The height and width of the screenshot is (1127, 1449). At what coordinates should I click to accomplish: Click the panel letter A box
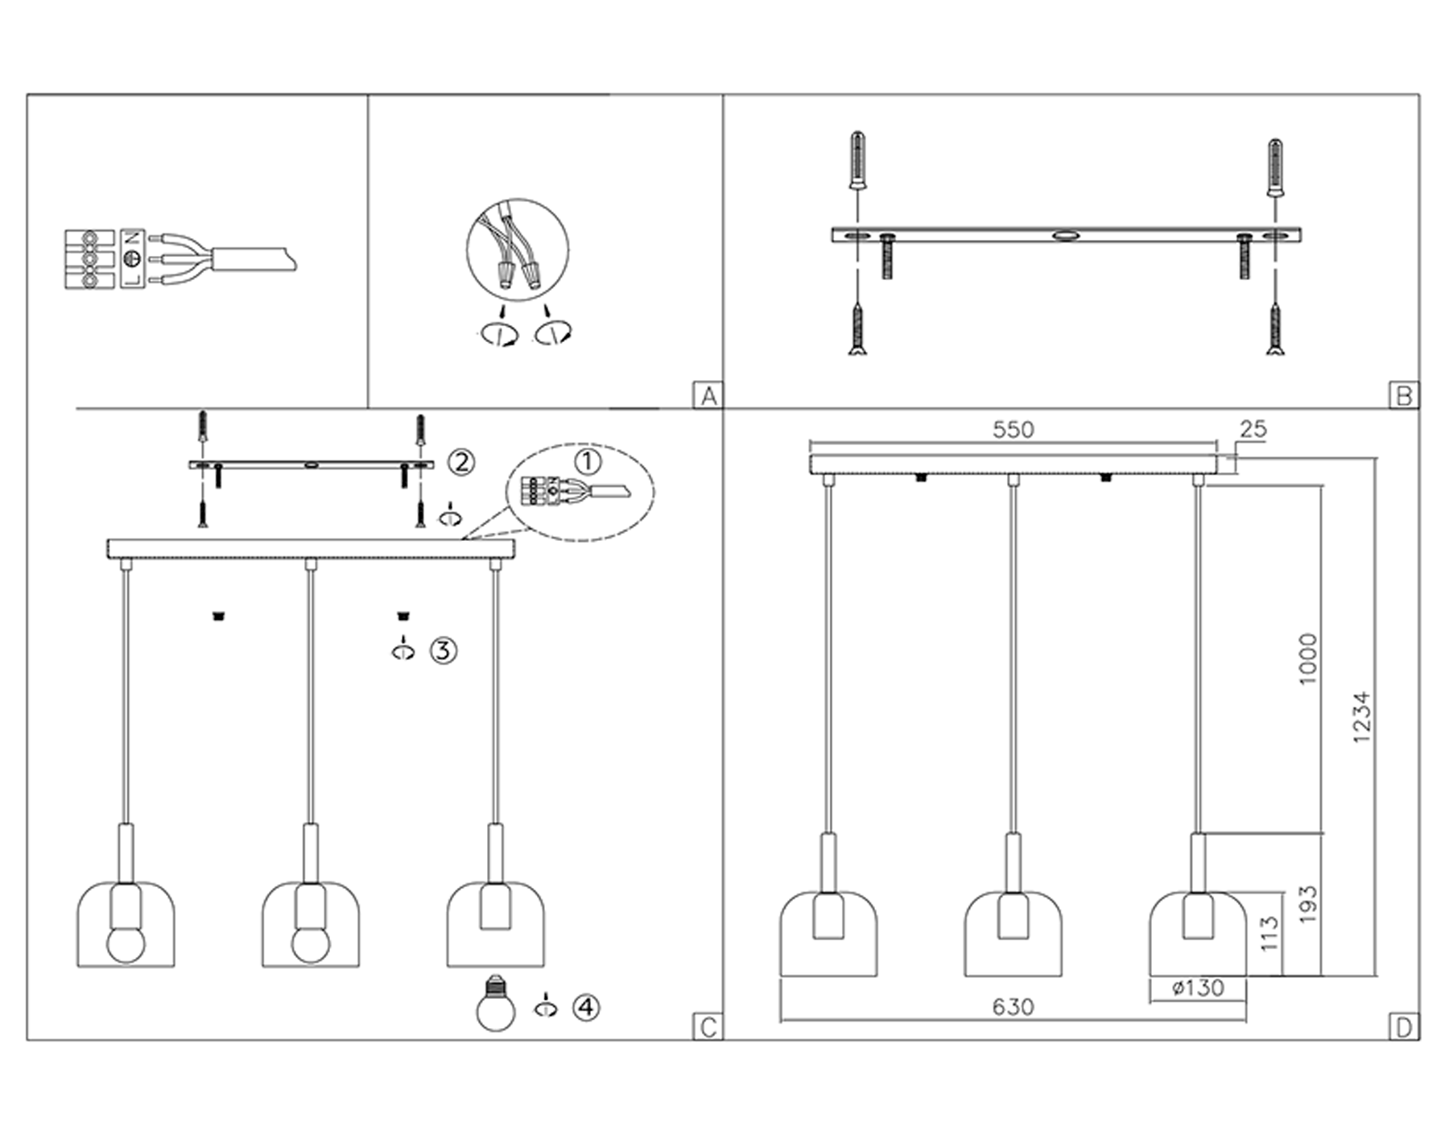(x=708, y=396)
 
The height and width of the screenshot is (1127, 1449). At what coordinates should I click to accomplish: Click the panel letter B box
(x=1404, y=396)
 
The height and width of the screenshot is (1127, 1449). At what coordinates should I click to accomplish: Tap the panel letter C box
(x=708, y=1028)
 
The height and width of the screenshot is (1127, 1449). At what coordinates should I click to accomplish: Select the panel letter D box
(x=1404, y=1028)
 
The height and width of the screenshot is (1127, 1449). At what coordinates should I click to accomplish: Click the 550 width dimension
(x=1013, y=430)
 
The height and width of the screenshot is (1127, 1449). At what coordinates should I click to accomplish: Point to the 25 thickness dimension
(x=1253, y=429)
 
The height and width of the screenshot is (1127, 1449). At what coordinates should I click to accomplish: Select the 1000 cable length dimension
(x=1308, y=659)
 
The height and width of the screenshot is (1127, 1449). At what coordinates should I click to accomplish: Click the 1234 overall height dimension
(x=1360, y=716)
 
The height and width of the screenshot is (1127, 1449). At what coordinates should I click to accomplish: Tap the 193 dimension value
(x=1308, y=905)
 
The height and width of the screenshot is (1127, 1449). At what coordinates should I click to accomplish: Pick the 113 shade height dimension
(x=1269, y=934)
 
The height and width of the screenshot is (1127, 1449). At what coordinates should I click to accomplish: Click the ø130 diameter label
(x=1198, y=989)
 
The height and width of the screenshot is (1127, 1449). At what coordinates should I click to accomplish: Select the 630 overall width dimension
(x=1013, y=1007)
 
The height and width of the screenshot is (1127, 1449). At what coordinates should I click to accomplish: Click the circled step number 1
(x=588, y=462)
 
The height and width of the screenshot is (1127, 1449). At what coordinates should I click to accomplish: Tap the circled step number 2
(x=461, y=462)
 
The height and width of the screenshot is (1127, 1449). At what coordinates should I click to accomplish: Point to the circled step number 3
(x=444, y=650)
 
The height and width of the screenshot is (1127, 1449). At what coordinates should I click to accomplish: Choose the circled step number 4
(x=586, y=1007)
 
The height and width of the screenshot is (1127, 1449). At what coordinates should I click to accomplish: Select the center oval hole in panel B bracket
(x=1067, y=236)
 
